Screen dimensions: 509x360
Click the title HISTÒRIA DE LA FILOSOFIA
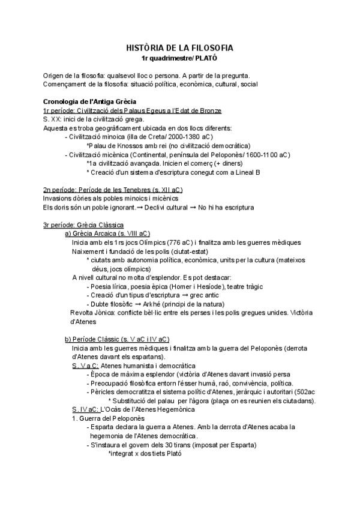(179, 47)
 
